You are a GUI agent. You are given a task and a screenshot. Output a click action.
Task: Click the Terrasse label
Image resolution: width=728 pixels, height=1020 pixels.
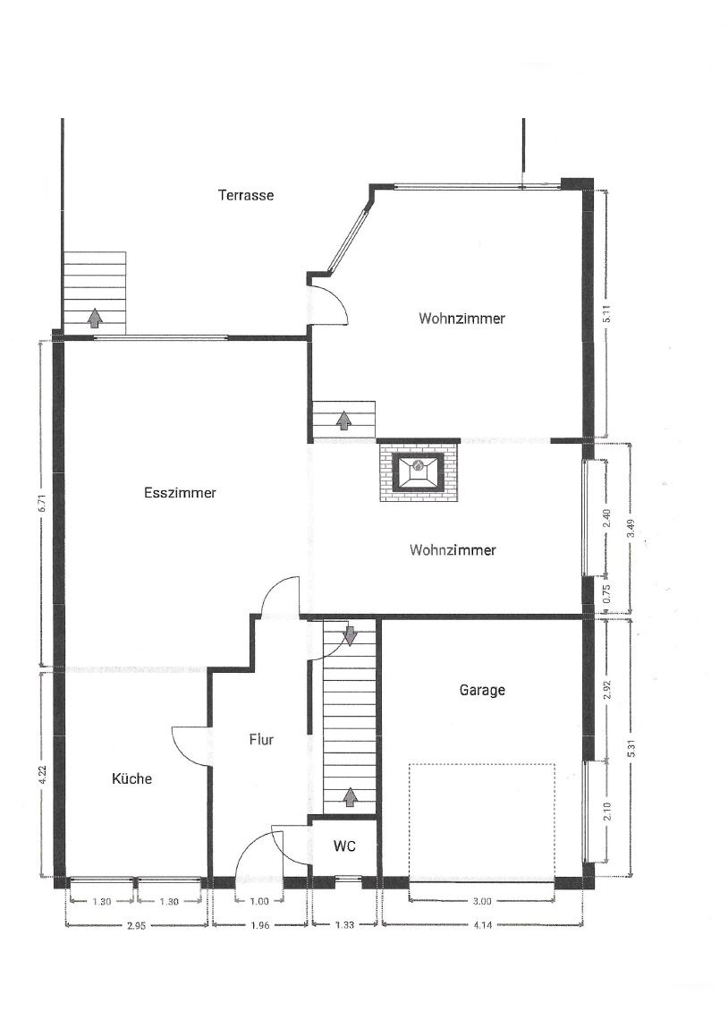246,195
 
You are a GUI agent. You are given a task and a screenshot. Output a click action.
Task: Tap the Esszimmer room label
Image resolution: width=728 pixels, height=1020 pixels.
180,493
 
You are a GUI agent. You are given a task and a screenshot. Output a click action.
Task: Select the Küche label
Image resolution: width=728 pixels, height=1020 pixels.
132,778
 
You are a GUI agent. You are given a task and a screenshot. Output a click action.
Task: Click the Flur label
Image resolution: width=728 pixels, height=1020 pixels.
261,740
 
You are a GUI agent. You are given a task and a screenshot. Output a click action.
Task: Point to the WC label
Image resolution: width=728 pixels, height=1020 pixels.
344,846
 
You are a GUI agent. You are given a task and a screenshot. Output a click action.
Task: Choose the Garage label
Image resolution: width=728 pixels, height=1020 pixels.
482,690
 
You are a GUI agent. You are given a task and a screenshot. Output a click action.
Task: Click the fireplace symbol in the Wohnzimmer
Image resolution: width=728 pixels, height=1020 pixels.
419,471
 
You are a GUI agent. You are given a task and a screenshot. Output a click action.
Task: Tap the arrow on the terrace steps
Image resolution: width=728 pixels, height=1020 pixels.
95,318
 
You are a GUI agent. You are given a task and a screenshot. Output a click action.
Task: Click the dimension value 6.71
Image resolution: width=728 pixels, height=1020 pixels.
42,504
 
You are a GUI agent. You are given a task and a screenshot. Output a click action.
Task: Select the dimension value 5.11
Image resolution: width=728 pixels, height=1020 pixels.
606,314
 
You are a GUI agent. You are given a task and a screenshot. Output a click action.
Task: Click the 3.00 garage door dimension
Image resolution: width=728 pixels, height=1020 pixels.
482,902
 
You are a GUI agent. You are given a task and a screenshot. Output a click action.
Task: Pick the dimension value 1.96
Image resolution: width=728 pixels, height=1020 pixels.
259,925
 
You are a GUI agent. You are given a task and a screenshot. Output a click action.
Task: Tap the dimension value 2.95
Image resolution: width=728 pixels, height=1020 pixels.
136,926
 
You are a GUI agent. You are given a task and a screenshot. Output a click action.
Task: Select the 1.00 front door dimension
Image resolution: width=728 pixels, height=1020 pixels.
258,902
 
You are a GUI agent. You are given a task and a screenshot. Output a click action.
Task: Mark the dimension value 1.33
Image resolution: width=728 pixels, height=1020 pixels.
344,925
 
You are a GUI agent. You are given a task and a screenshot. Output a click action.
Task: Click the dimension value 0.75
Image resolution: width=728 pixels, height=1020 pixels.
606,596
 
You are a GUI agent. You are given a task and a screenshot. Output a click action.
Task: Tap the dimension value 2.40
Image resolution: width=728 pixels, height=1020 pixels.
606,517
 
